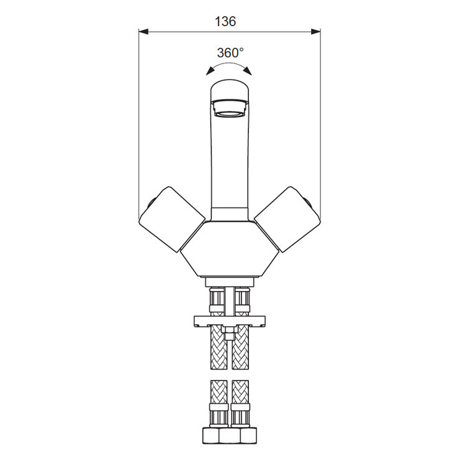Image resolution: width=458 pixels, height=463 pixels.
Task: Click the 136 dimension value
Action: tap(225, 22)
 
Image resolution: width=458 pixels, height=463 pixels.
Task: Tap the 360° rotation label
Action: tap(230, 53)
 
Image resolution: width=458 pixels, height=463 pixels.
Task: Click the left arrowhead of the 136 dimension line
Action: tap(143, 32)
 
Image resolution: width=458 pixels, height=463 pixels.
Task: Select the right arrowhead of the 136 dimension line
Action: tap(315, 32)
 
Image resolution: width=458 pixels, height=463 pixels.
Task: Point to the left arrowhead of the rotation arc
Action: tap(210, 72)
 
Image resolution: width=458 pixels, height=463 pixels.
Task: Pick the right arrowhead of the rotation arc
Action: tap(248, 71)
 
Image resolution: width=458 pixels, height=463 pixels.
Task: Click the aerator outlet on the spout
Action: tap(230, 108)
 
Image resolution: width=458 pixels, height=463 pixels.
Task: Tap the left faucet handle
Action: tap(172, 220)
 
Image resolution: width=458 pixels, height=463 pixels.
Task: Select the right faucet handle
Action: tap(287, 220)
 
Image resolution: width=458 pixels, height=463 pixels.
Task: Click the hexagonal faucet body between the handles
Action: tap(230, 249)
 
